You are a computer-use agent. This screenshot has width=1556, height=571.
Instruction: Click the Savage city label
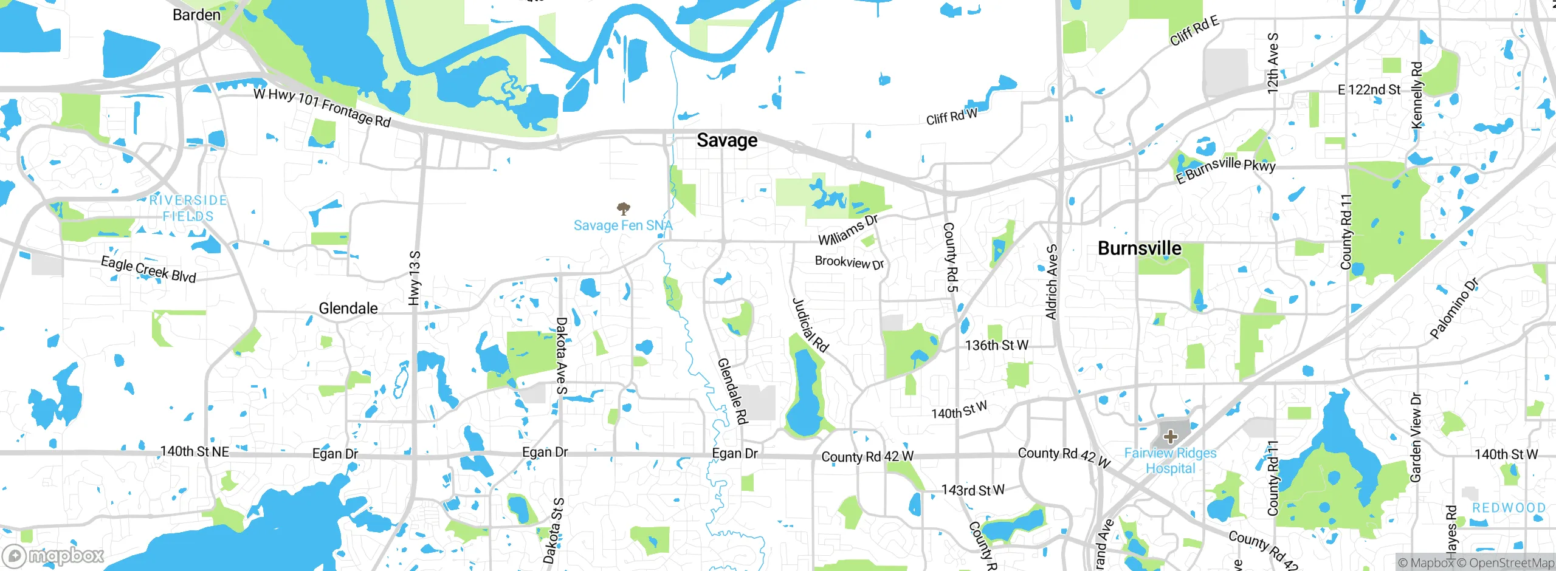727,140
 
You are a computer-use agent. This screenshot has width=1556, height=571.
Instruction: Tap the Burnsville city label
1140,248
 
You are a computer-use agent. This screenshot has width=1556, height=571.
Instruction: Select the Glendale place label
348,309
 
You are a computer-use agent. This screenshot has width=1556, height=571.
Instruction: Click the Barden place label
196,15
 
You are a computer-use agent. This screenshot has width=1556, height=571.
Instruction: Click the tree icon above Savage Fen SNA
623,210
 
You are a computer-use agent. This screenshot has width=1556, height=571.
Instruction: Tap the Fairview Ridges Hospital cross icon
1170,437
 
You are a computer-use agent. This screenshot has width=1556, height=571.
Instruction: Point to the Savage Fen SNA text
623,225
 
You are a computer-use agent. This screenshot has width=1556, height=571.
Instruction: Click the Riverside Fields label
188,208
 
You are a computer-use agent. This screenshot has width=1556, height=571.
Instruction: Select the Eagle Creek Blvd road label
148,270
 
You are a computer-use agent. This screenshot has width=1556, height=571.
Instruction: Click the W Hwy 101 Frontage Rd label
322,108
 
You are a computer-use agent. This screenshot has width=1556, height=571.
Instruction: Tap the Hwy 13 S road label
415,278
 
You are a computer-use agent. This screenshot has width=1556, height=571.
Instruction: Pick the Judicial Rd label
810,325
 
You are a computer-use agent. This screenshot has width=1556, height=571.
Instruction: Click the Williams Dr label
849,230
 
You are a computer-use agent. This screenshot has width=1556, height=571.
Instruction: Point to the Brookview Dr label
849,262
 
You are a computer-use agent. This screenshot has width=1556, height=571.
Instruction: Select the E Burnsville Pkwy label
1225,169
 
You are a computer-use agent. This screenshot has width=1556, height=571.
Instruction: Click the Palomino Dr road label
1454,309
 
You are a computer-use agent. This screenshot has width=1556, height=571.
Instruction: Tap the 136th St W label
997,346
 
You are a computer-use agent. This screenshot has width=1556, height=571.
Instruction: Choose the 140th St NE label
194,451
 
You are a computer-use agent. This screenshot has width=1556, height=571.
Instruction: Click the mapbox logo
53,555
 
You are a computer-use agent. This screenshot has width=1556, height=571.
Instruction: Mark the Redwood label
1509,508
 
